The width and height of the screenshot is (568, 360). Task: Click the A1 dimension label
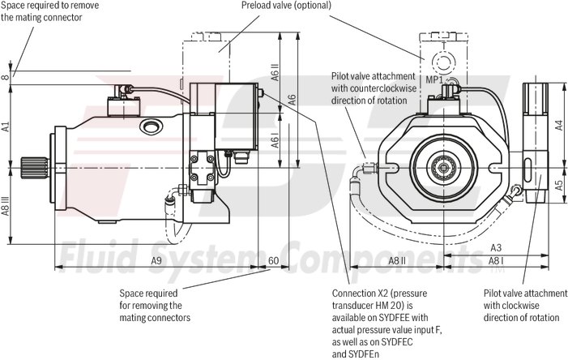[6, 126]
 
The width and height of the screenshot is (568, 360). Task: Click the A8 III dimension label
[6, 207]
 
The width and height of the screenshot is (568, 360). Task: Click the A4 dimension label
[558, 125]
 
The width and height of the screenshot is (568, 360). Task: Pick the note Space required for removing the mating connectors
[155, 305]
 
